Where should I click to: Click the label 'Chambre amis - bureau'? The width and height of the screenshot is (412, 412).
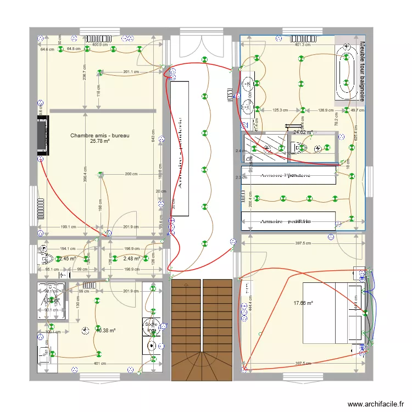tap(100, 135)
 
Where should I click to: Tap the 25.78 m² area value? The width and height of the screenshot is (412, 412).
tap(100, 141)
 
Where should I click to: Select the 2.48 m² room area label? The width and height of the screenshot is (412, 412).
tap(132, 259)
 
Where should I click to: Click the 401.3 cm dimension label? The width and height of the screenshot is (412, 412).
tap(303, 44)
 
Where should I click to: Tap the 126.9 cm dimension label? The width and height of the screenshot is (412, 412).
tap(325, 110)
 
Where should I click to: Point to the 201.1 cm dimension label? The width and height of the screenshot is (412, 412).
tap(131, 72)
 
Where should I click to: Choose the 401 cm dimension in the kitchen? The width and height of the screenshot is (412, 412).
tap(100, 364)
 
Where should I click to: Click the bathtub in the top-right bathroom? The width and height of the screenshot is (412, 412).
tap(346, 71)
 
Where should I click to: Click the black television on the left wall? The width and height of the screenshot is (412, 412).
tap(42, 136)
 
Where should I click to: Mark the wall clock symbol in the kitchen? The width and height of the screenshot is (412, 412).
tap(84, 330)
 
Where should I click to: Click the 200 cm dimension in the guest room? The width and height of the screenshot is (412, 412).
tap(131, 174)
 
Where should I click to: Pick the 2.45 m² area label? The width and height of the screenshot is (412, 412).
tap(68, 259)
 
